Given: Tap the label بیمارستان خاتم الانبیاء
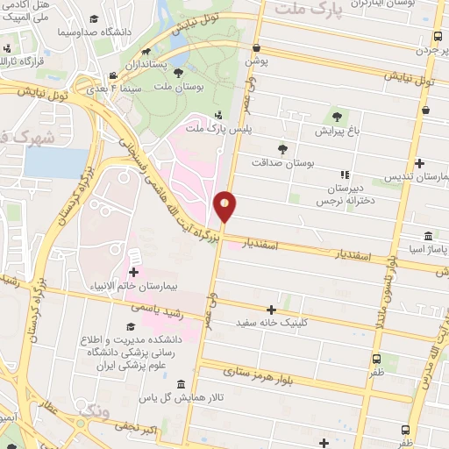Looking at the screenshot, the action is coord(133,286).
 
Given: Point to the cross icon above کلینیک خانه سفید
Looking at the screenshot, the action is coord(271,310).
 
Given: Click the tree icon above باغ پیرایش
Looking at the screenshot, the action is coord(337,118).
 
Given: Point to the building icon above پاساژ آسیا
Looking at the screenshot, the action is coord(427,236).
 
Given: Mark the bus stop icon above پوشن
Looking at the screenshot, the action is coord(255,48).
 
